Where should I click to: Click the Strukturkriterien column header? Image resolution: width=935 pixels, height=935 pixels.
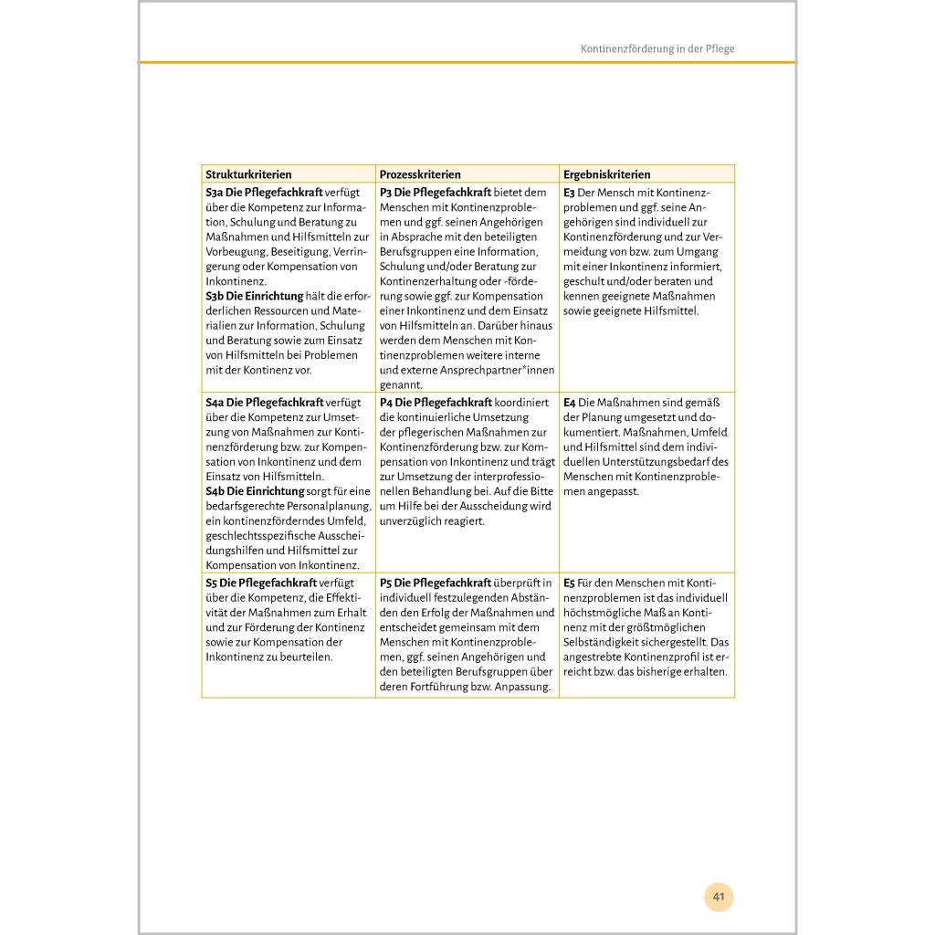click(248, 174)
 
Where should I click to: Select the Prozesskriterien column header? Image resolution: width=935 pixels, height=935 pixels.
click(420, 174)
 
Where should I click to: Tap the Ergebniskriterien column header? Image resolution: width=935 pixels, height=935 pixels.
click(607, 174)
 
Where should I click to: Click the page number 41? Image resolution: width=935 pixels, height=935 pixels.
click(719, 897)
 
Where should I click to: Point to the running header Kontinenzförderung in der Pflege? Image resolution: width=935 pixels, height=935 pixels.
click(657, 48)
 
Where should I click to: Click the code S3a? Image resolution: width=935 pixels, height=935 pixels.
click(215, 193)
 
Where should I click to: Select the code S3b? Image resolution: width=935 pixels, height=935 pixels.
click(215, 296)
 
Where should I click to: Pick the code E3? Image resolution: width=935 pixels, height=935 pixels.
click(569, 193)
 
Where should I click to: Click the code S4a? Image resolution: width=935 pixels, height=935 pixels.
click(215, 403)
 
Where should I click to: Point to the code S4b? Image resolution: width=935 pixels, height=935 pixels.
click(215, 491)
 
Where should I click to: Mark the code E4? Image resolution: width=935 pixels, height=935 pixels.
click(570, 403)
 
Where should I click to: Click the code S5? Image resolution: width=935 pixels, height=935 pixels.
click(211, 583)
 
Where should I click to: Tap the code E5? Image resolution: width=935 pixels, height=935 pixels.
click(569, 583)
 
